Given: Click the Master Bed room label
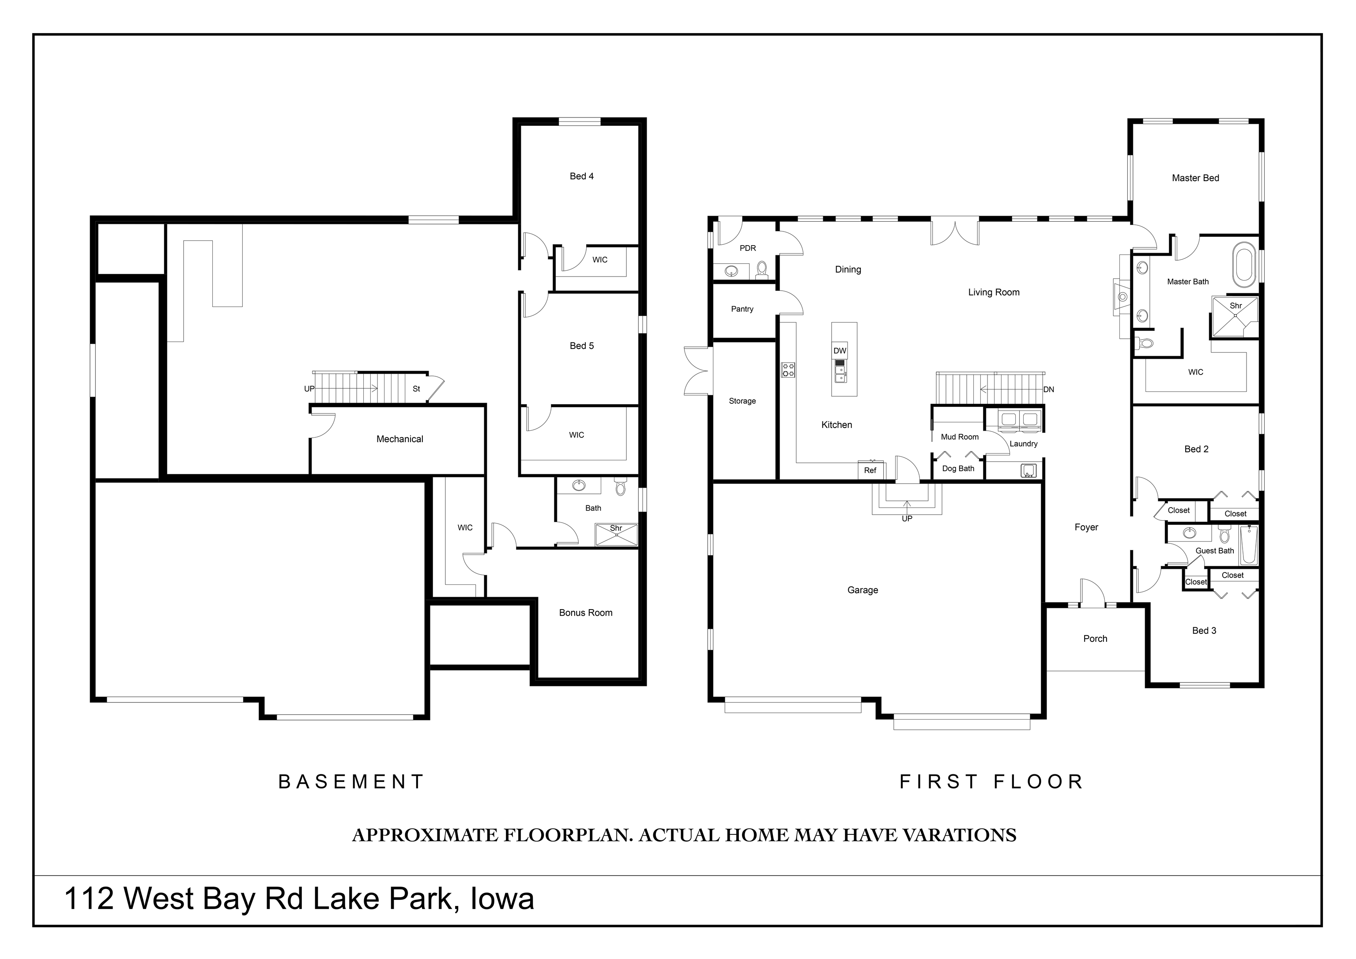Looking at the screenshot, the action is pos(1195,178).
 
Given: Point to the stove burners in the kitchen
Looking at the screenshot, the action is pos(788,370).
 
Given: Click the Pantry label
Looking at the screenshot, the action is pos(742,309).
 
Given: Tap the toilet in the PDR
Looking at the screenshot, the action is pos(762,269).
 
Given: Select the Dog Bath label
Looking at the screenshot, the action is pos(958,469).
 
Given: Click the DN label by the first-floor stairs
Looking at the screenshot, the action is pos(1049,390).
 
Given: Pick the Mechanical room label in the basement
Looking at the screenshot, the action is pos(400,439).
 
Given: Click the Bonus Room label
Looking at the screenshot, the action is pos(586,613).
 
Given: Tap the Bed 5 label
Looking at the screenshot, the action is pos(582,346).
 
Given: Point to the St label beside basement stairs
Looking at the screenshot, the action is pos(416,389).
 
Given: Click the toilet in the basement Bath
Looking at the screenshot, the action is pos(620,486).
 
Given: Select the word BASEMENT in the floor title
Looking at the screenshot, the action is pos(351,782).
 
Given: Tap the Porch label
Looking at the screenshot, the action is pos(1096,639).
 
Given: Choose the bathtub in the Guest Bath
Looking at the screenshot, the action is pos(1248,545).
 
